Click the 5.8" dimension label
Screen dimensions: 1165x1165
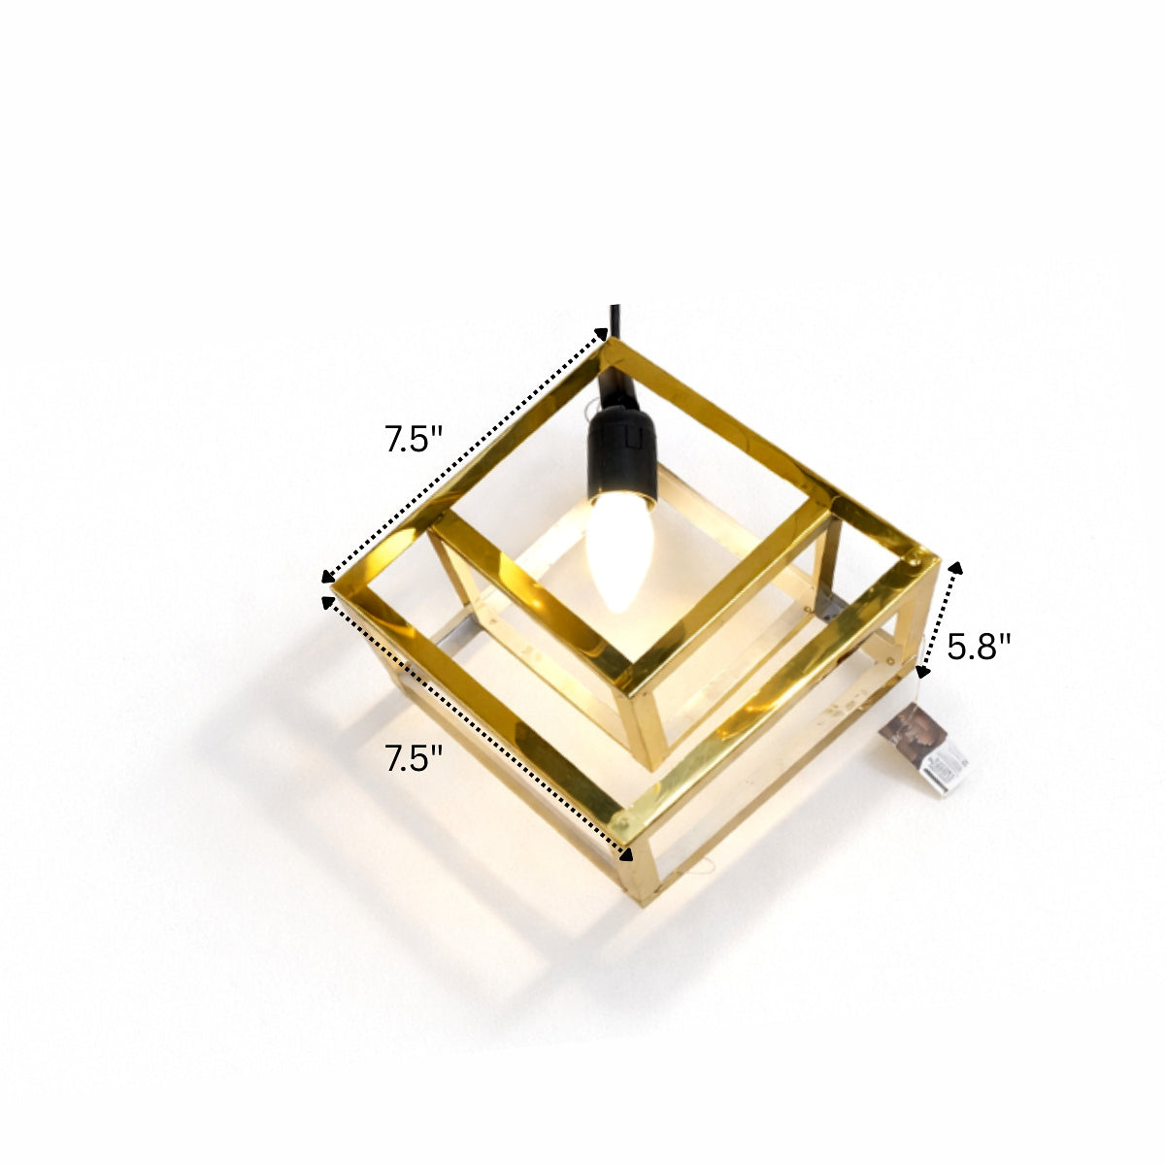tap(979, 647)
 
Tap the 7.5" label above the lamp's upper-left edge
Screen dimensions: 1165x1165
tap(414, 440)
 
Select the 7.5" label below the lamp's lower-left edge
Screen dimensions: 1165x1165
tap(414, 758)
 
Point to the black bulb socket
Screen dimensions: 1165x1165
tap(622, 451)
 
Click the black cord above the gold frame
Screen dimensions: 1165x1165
tap(616, 320)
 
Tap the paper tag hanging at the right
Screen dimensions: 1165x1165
tap(924, 749)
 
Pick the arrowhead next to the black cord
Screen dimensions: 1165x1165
tap(601, 334)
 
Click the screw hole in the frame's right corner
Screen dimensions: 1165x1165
tap(915, 560)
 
